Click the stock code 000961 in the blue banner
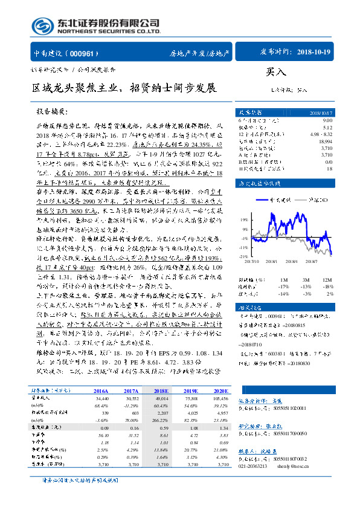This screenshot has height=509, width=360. (82, 53)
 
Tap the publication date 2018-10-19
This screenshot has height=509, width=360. (314, 53)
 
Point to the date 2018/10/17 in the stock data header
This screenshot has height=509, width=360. (320, 112)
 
